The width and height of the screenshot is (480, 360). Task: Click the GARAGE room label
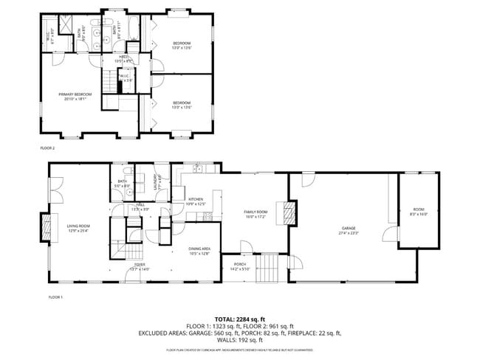coord(349,230)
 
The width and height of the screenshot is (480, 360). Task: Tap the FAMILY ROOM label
coord(256,214)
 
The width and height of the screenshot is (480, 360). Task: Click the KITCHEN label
coord(196,201)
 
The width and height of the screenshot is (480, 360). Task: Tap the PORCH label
coord(240,266)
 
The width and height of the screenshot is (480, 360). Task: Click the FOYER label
coord(140,266)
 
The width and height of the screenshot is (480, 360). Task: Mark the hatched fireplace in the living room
coord(48,228)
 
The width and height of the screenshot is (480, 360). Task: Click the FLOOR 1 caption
coord(56,297)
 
